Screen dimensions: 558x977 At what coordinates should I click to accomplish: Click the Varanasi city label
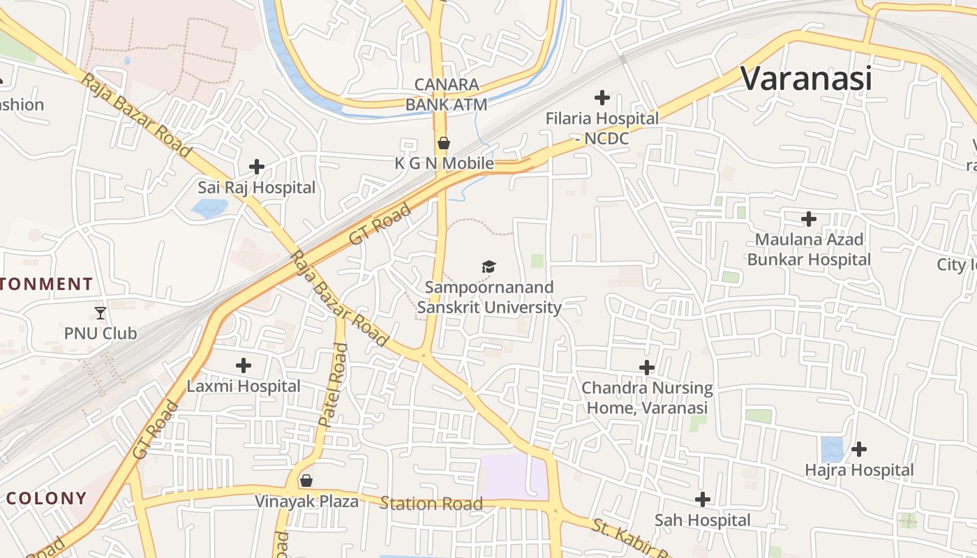806,78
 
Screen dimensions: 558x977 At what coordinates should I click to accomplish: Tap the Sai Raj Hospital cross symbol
257,167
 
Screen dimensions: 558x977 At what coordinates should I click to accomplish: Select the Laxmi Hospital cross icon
244,365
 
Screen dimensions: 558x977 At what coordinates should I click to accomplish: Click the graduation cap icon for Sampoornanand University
488,266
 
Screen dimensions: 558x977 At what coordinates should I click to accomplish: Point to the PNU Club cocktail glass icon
100,312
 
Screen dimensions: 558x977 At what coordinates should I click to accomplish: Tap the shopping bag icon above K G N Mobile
443,144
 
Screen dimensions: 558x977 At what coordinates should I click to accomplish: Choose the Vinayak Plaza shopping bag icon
306,481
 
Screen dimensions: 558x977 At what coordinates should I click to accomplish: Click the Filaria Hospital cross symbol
602,98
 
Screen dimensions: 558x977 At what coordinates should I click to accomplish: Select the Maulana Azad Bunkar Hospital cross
809,219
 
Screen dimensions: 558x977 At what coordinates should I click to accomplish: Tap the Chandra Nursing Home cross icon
647,367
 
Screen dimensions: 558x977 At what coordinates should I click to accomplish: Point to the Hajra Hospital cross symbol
859,448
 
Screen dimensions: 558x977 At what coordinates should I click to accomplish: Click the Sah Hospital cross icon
703,499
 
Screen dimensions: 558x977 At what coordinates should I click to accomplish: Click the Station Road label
431,504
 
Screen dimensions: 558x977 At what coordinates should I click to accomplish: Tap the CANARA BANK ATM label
447,95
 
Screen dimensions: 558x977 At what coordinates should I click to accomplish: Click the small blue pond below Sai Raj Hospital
209,207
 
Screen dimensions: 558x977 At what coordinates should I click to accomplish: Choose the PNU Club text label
100,333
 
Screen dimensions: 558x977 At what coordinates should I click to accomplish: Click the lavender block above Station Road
515,477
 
